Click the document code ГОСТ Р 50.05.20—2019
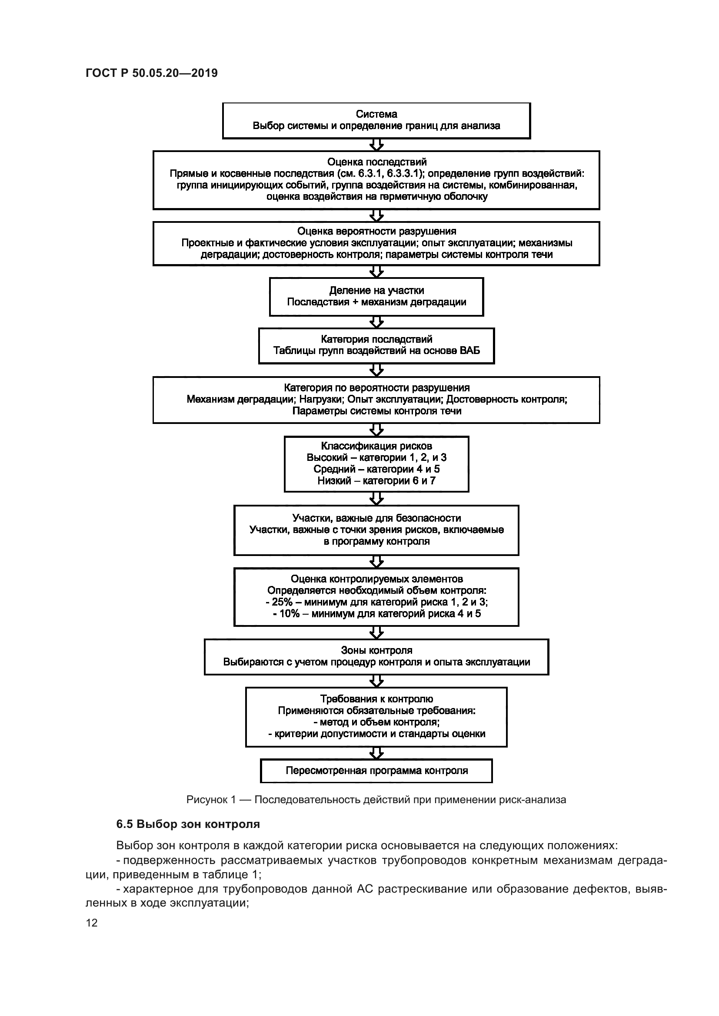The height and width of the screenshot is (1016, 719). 151,73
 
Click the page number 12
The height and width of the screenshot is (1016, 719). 92,923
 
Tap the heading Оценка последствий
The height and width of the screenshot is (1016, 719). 376,162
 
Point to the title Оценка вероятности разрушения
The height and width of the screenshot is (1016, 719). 376,232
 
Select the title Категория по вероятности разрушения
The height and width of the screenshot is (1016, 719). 376,388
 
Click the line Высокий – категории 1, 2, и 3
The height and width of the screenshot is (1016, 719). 376,457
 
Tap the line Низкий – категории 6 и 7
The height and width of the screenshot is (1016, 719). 376,480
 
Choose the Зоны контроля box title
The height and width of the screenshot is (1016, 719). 376,651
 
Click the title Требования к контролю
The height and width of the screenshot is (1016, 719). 376,699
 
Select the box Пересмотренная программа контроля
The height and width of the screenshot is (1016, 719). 376,771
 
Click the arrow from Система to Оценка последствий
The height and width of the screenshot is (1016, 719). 376,145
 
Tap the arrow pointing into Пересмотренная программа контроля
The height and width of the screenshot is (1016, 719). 376,753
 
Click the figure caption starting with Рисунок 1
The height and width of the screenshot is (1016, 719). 376,800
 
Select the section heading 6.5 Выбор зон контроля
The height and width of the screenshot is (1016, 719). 188,824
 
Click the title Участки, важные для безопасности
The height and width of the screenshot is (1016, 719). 376,518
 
